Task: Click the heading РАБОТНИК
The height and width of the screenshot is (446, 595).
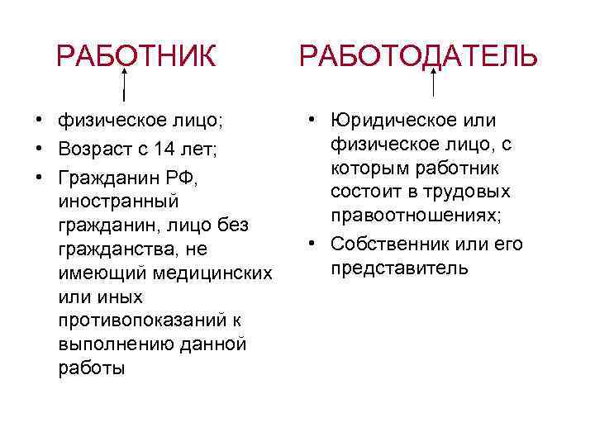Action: [x=136, y=57]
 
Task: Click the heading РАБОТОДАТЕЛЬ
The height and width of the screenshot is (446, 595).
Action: [x=418, y=57]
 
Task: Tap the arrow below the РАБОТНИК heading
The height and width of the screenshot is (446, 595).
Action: [x=125, y=83]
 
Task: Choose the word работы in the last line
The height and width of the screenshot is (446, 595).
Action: [x=92, y=368]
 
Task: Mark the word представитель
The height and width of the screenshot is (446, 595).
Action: [x=400, y=269]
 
